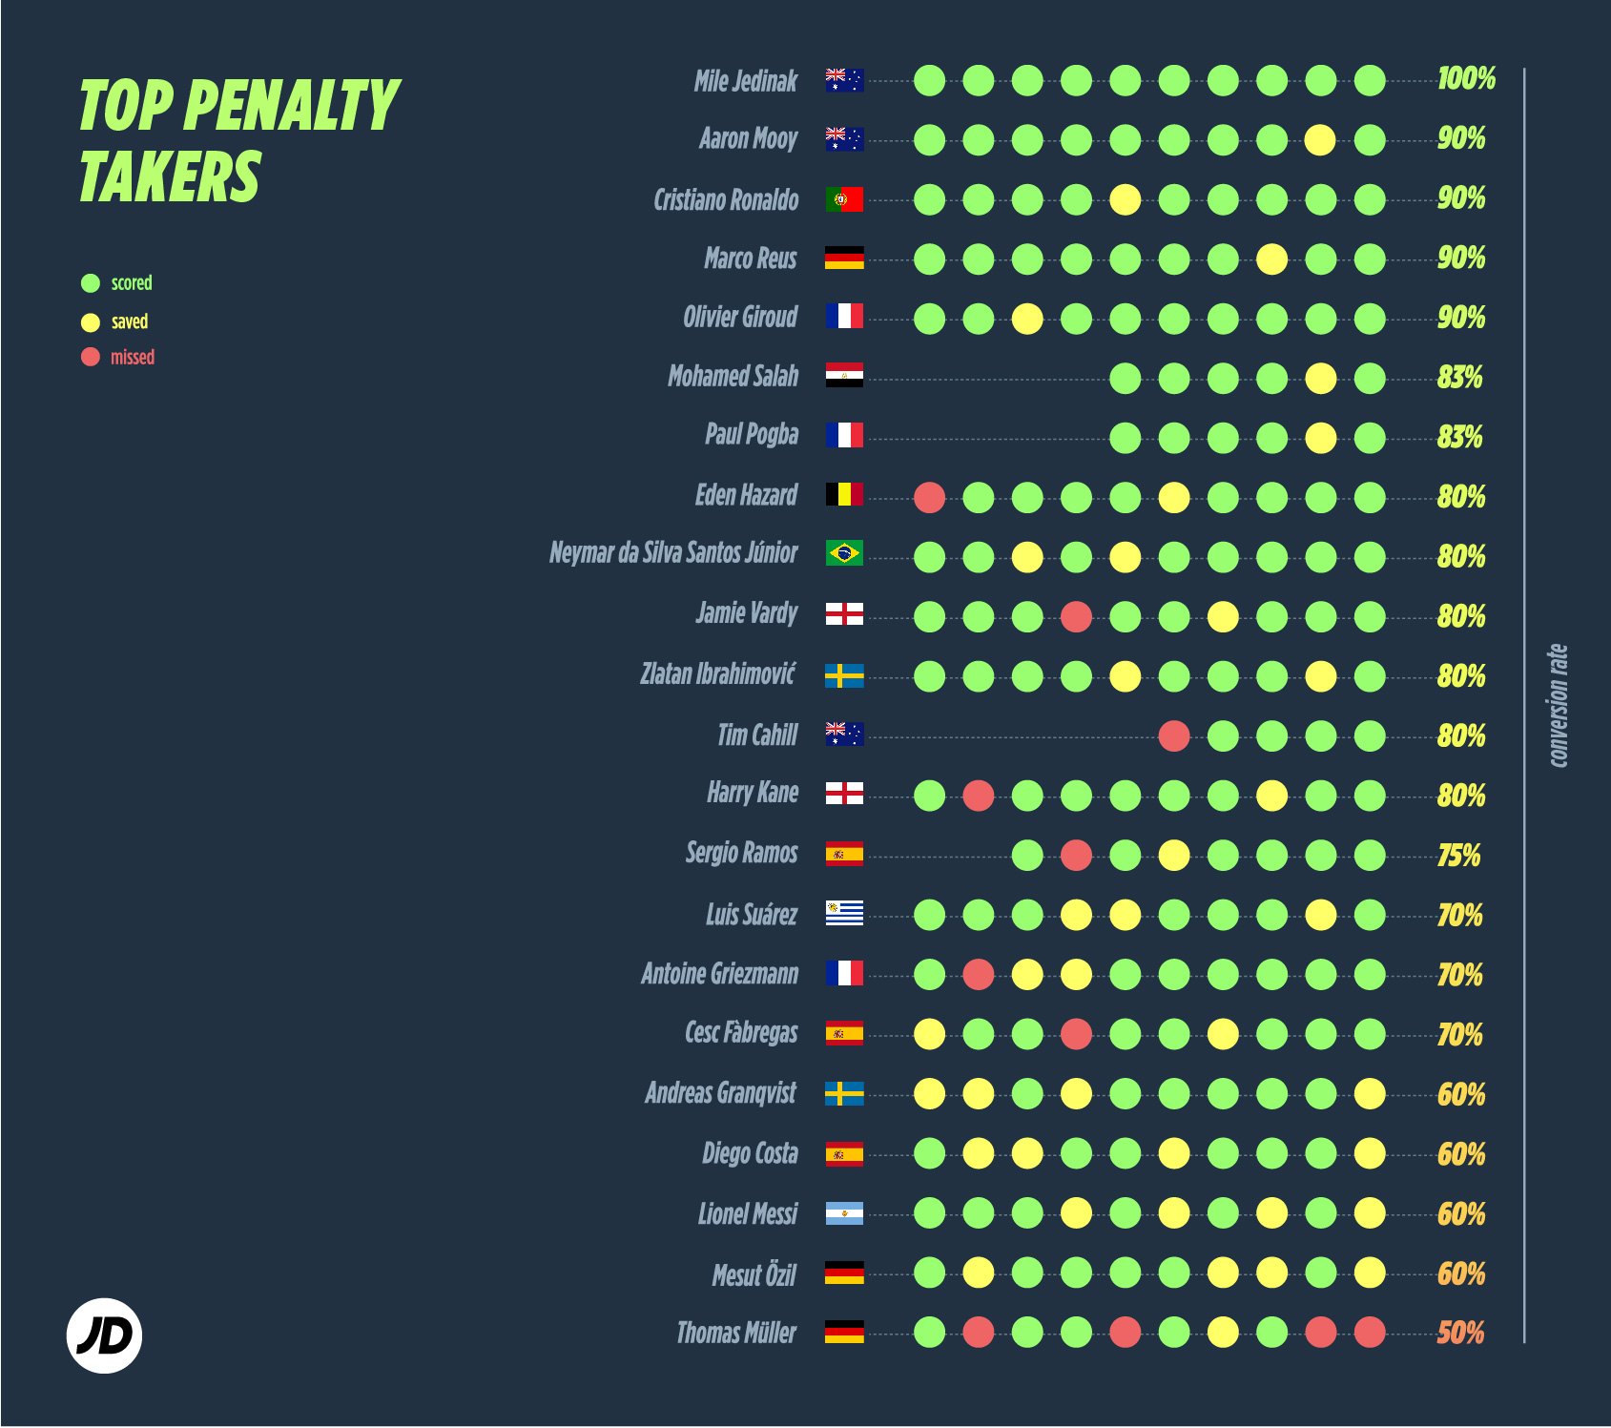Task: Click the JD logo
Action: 104,1335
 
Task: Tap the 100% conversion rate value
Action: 1466,78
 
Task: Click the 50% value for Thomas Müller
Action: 1460,1332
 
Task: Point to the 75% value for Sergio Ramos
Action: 1458,855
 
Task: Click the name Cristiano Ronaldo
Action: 726,199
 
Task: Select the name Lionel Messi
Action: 747,1213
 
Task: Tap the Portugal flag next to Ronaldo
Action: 844,199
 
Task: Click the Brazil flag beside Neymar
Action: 844,553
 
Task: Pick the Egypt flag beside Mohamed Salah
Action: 844,375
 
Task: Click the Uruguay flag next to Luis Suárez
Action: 844,914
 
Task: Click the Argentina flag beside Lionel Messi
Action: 844,1213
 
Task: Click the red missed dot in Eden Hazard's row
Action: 929,497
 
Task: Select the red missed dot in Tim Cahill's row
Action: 1173,735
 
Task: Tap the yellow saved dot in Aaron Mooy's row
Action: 1320,140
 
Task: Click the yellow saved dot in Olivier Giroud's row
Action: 1026,319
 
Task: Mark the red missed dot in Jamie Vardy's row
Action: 1076,616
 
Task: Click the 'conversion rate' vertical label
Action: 1557,705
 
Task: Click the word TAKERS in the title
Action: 169,177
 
